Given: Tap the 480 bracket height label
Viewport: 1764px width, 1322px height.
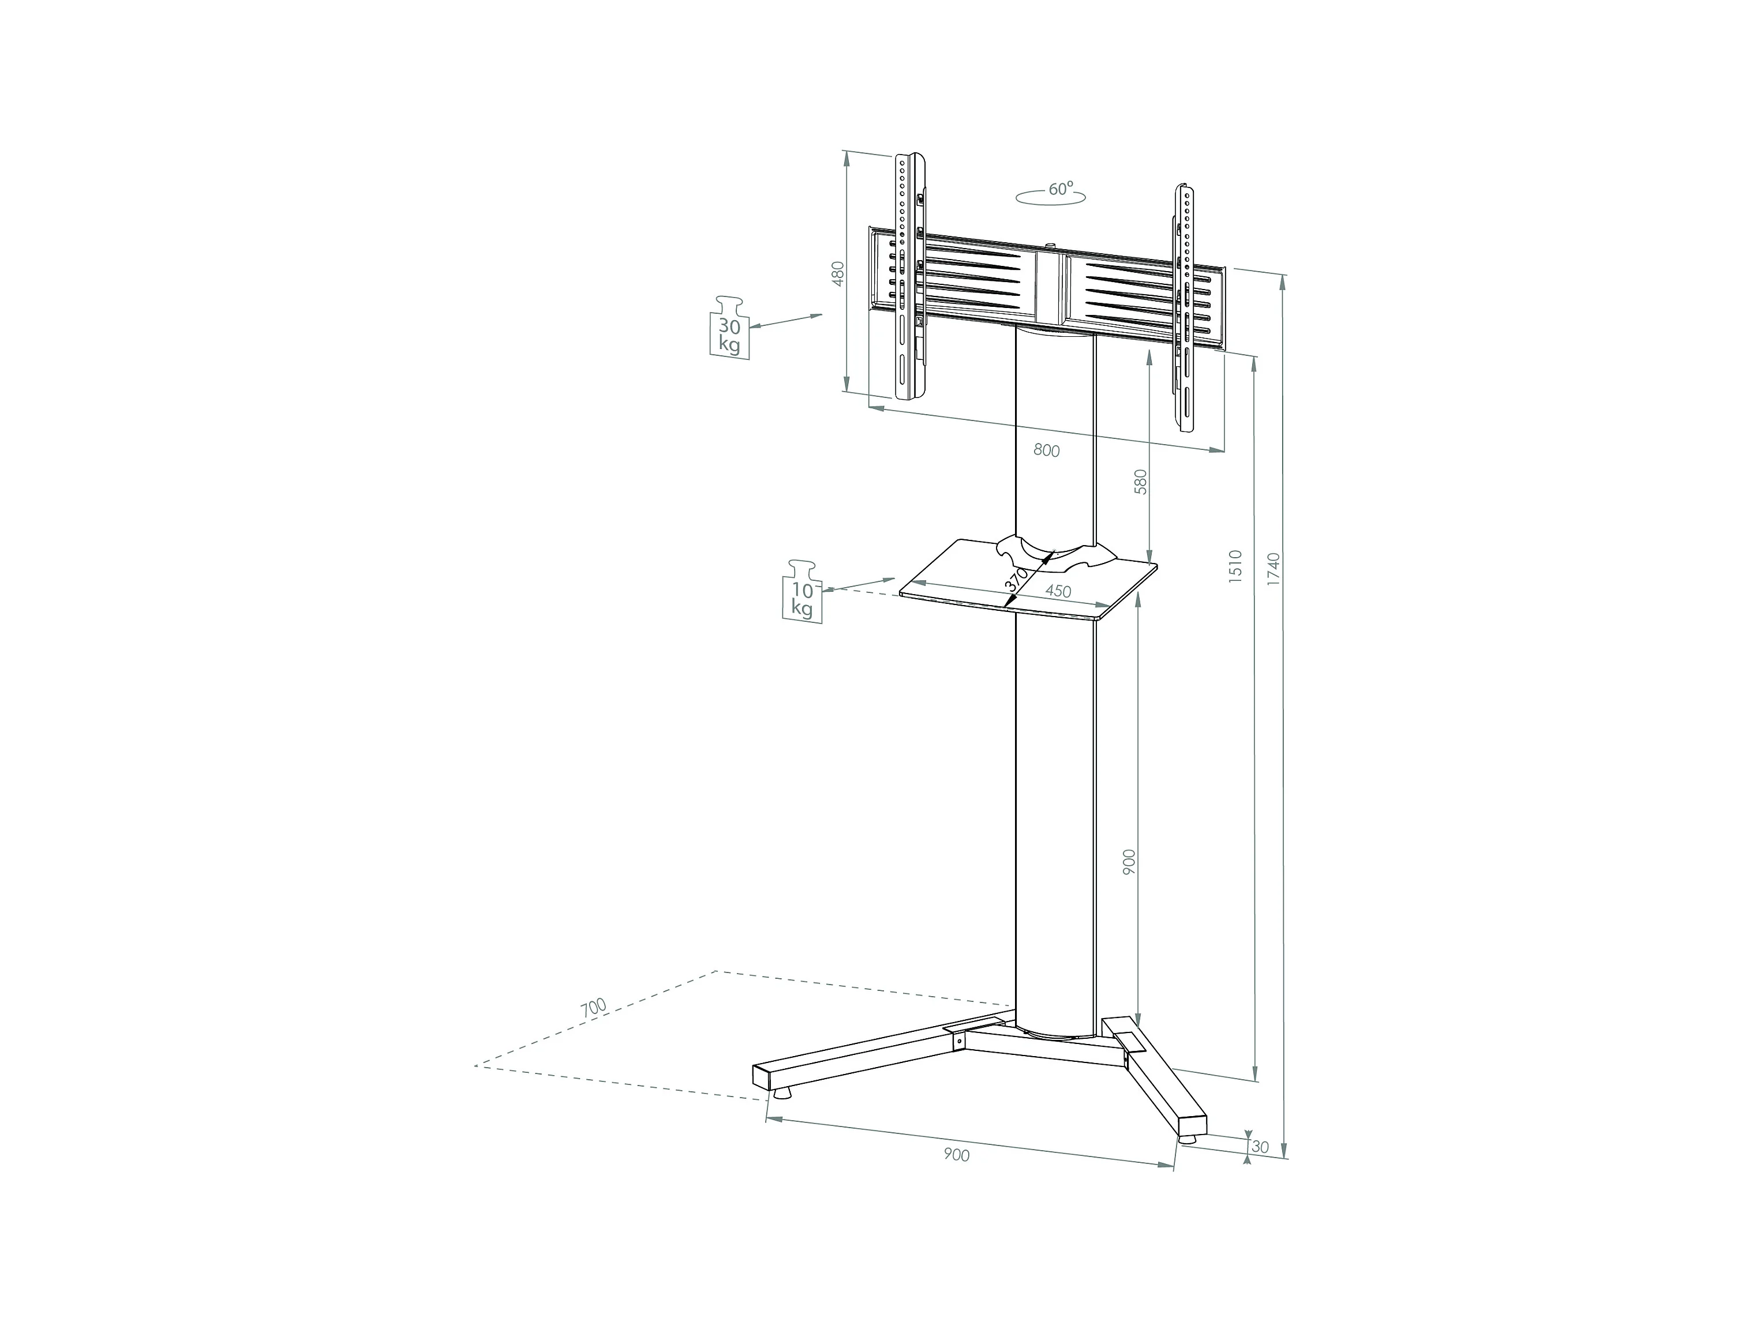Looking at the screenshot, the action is click(837, 273).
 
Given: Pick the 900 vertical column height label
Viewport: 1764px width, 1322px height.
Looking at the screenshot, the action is click(1129, 863).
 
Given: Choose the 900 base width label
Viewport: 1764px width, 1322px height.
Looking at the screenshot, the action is click(956, 1155).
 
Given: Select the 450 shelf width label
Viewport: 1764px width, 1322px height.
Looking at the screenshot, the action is click(1058, 592).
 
